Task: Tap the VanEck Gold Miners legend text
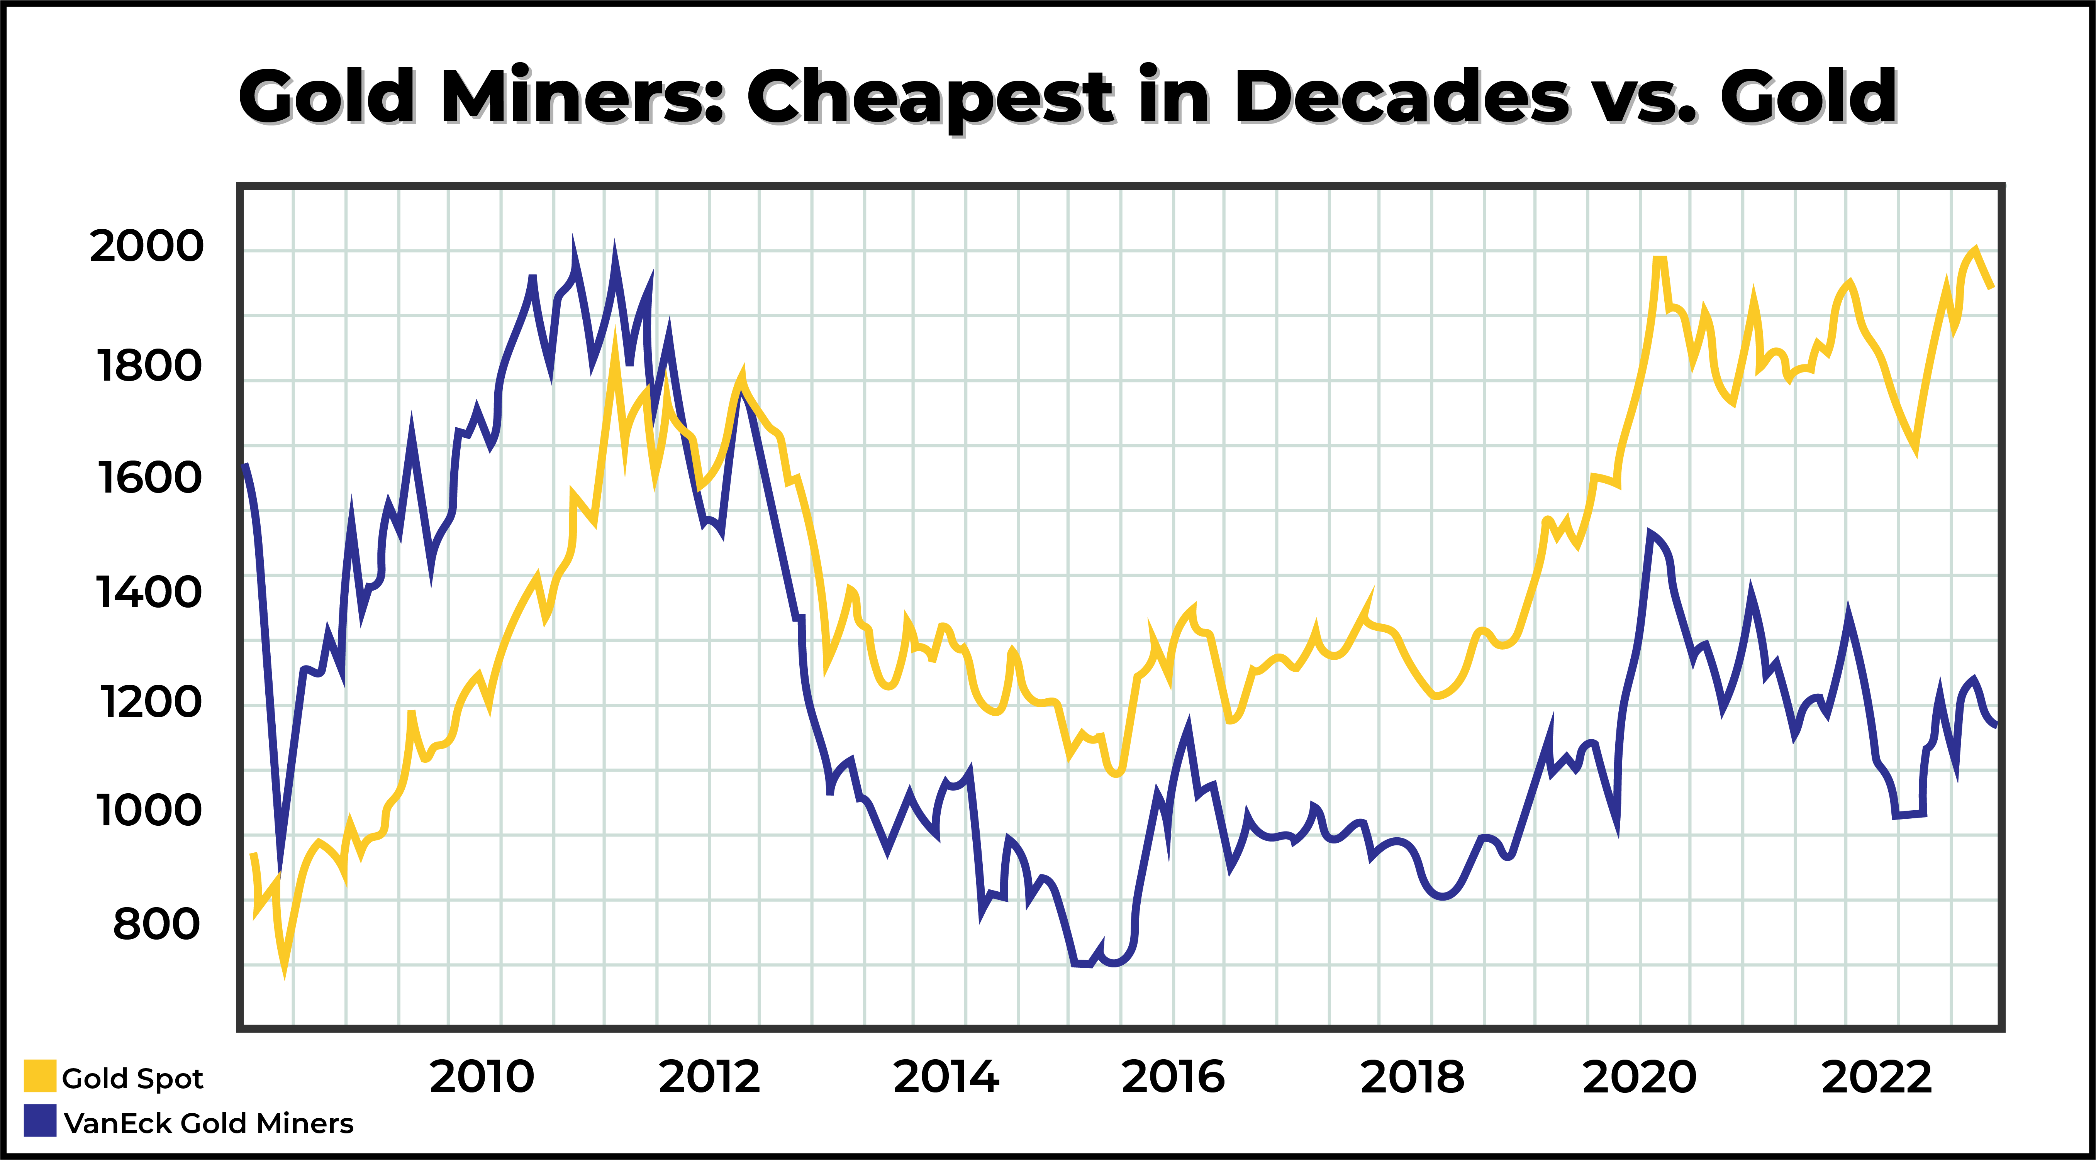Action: pyautogui.click(x=208, y=1123)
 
